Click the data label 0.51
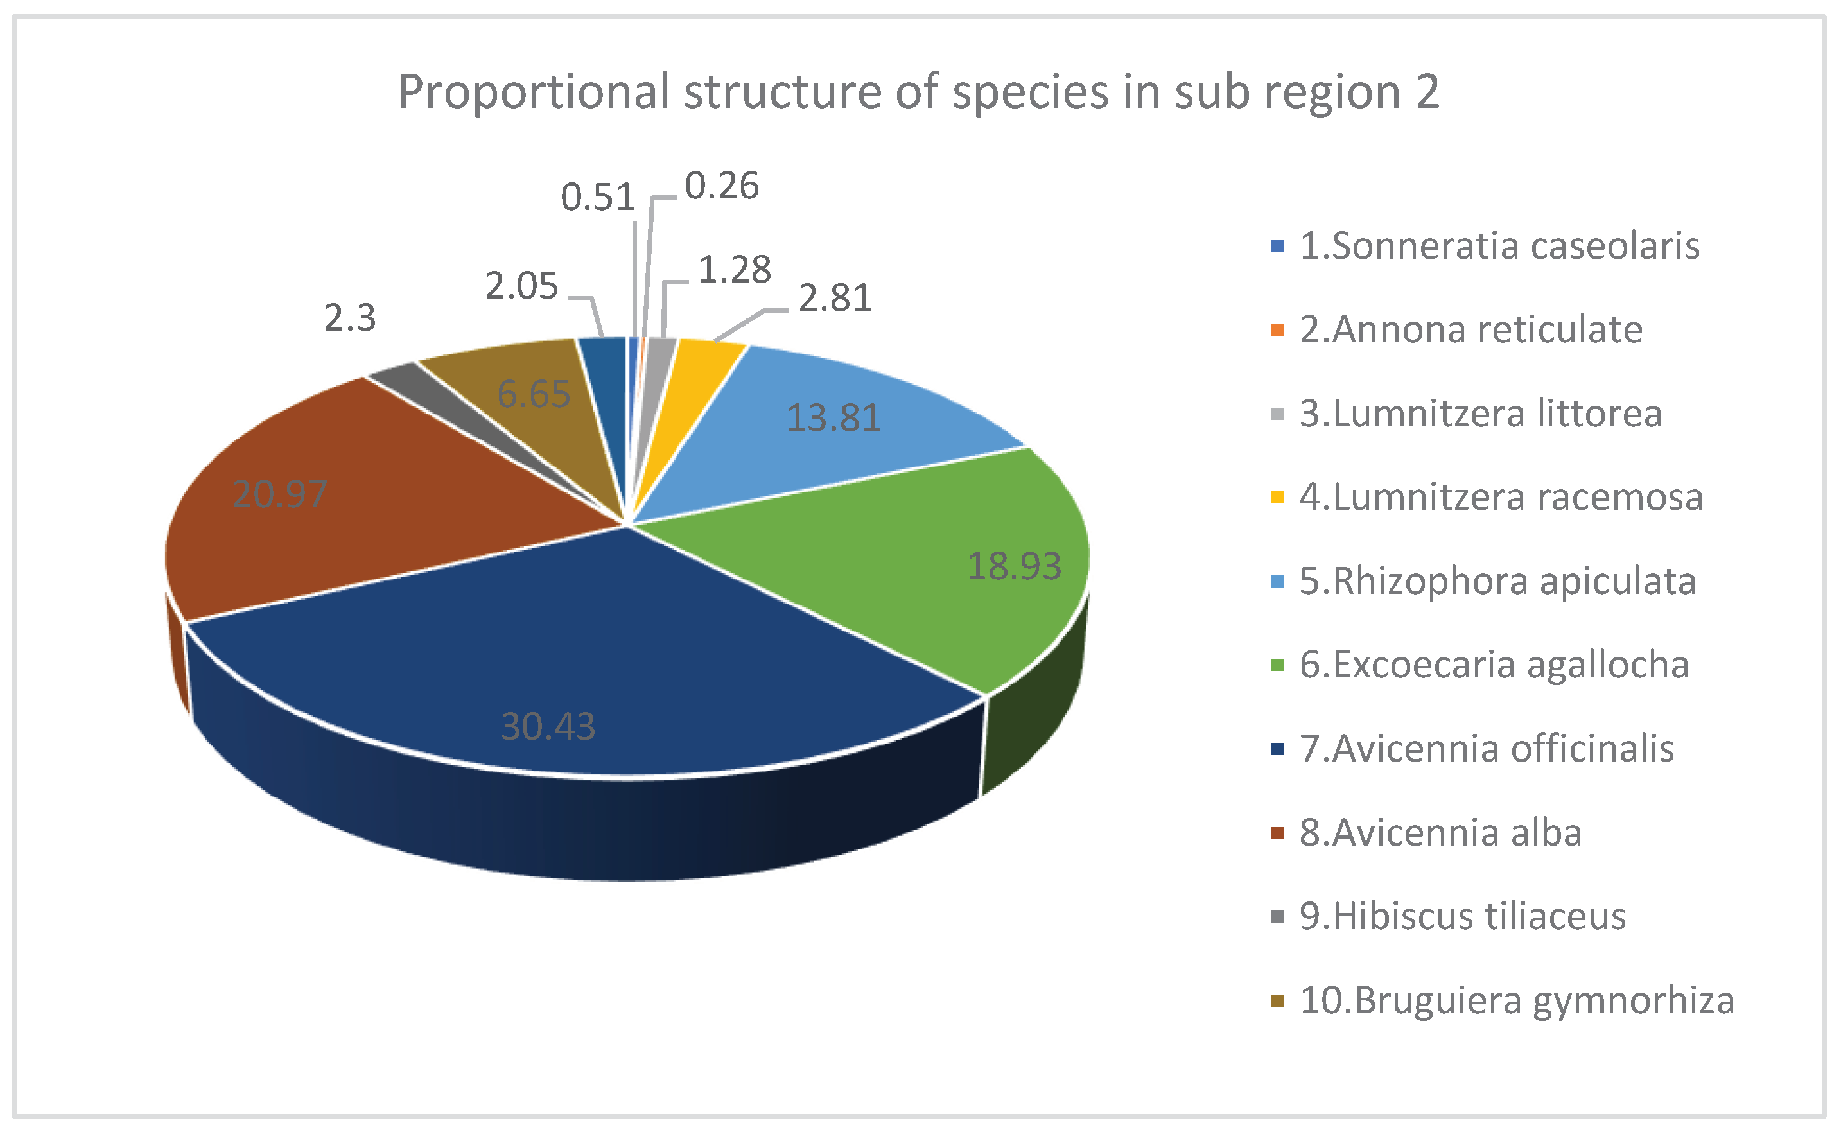[597, 198]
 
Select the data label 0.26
[722, 186]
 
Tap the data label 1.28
[735, 270]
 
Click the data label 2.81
[835, 298]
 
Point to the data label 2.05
[521, 286]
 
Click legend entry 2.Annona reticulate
[1470, 330]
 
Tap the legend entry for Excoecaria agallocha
[1494, 665]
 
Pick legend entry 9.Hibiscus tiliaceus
[1462, 916]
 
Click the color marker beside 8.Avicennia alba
[1277, 833]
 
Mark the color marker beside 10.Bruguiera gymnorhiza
[1277, 1001]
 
